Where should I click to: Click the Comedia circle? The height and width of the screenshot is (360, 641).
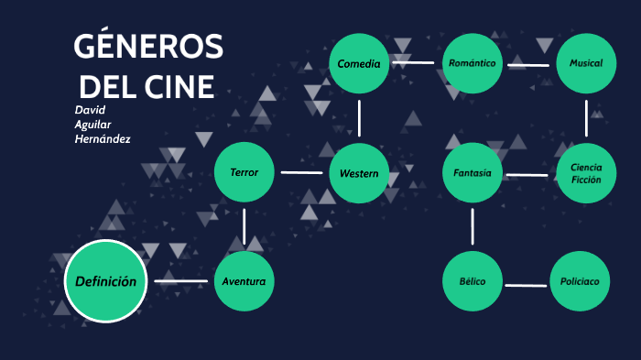pyautogui.click(x=359, y=64)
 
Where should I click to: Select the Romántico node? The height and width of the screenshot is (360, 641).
pyautogui.click(x=473, y=63)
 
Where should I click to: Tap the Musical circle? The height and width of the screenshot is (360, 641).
pyautogui.click(x=586, y=63)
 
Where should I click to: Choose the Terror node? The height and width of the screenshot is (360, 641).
pyautogui.click(x=244, y=172)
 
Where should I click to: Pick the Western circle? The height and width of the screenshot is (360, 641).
pyautogui.click(x=359, y=173)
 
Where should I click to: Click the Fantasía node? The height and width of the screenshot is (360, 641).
pyautogui.click(x=473, y=173)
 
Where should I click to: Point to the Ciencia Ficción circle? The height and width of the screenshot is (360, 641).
pyautogui.click(x=586, y=173)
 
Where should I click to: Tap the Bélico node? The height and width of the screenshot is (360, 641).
pyautogui.click(x=473, y=281)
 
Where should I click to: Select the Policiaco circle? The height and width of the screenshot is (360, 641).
pyautogui.click(x=580, y=281)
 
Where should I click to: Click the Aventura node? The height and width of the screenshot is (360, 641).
pyautogui.click(x=244, y=281)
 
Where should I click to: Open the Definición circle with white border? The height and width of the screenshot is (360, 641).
pyautogui.click(x=106, y=281)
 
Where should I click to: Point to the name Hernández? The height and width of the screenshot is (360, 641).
pyautogui.click(x=103, y=138)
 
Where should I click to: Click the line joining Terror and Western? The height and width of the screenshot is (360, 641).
pyautogui.click(x=301, y=172)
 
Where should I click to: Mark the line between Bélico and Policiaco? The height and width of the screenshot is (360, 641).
pyautogui.click(x=526, y=285)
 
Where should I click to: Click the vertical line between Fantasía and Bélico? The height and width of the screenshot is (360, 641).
pyautogui.click(x=473, y=226)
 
